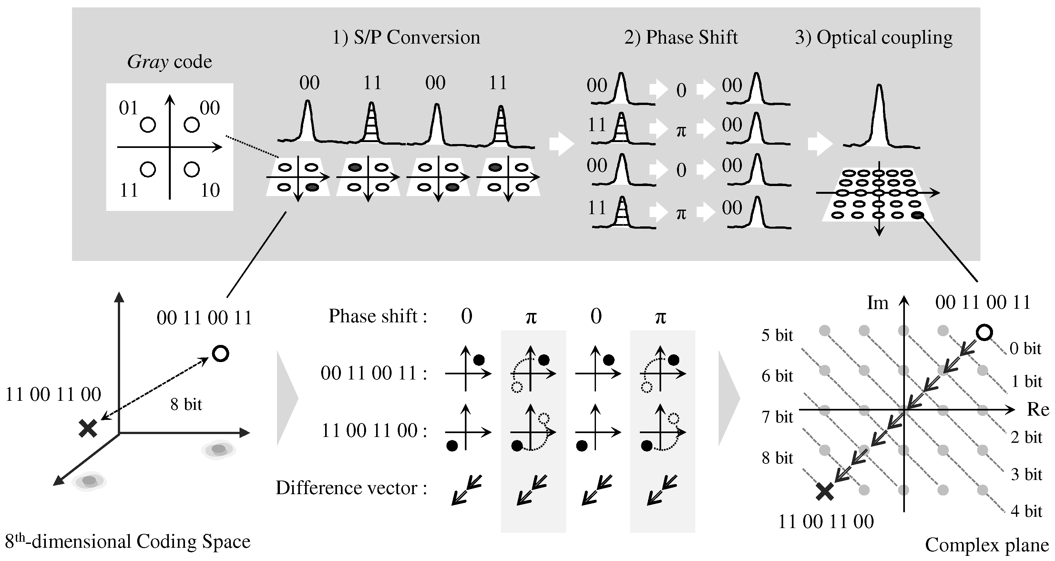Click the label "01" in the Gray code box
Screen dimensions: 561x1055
pyautogui.click(x=128, y=108)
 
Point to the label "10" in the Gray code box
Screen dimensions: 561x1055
pyautogui.click(x=210, y=191)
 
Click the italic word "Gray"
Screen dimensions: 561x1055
pyautogui.click(x=148, y=62)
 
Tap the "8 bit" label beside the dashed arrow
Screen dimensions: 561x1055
pyautogui.click(x=186, y=404)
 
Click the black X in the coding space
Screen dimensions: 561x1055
pyautogui.click(x=87, y=429)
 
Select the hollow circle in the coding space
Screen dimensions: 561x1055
pyautogui.click(x=221, y=353)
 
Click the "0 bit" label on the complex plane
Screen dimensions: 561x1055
pyautogui.click(x=1025, y=349)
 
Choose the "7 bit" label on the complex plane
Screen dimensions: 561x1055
pyautogui.click(x=777, y=417)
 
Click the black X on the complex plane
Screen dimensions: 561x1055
pyautogui.click(x=825, y=491)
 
